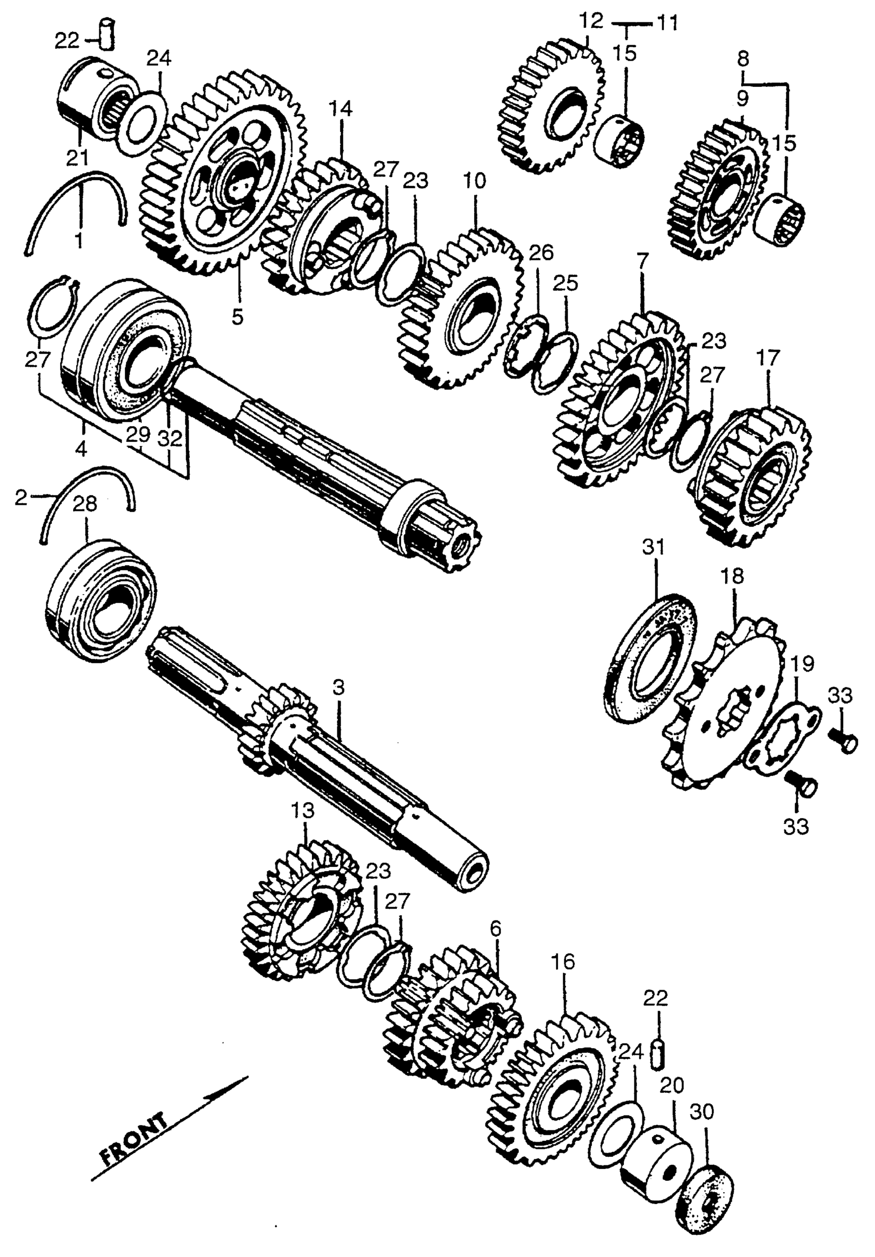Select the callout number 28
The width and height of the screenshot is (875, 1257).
coord(85,504)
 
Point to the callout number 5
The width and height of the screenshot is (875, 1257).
coord(237,316)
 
